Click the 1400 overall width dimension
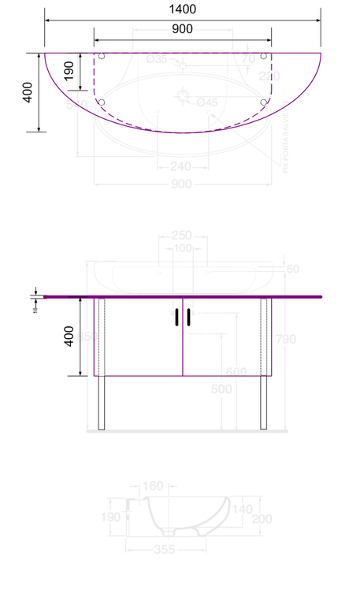[x=182, y=9]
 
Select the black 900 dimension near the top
[x=182, y=29]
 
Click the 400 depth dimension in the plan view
[x=28, y=93]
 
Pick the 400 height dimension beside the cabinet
[x=69, y=337]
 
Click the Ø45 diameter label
[x=207, y=102]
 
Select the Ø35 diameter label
[x=157, y=59]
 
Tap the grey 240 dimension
[x=181, y=166]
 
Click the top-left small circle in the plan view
[x=101, y=56]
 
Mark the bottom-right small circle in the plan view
[x=264, y=102]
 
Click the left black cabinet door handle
[x=176, y=317]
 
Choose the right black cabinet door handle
[x=189, y=317]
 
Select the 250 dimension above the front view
[x=182, y=236]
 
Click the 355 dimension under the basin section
[x=165, y=549]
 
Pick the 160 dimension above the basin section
[x=153, y=486]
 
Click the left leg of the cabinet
[x=101, y=402]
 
